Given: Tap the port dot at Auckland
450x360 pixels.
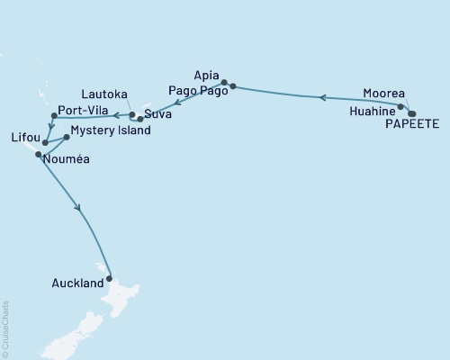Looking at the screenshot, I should click(x=110, y=278).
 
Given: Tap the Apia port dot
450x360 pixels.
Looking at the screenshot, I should click(x=225, y=80).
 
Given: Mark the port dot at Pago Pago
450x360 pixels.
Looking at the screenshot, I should click(x=233, y=86).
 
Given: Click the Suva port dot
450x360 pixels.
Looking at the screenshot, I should click(x=140, y=119).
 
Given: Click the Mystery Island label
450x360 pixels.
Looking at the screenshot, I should click(x=110, y=130).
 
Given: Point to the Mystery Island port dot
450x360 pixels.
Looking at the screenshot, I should click(x=67, y=138).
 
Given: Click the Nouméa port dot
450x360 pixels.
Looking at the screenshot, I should click(x=38, y=155).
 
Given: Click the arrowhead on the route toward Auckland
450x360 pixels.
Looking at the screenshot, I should click(x=80, y=208).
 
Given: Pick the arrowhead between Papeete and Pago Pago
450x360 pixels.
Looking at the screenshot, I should click(x=322, y=96).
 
